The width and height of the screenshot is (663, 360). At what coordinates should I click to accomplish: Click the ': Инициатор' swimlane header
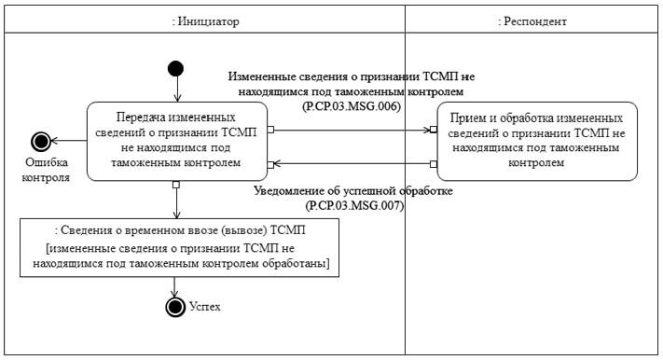(x=206, y=20)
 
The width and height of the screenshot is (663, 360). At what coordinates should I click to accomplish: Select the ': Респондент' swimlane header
(x=532, y=20)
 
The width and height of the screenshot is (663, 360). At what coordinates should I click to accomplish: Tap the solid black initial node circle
(x=175, y=68)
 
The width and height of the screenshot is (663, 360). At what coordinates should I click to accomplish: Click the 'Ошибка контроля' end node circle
(x=40, y=141)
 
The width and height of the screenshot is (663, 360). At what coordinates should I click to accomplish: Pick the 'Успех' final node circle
(x=173, y=306)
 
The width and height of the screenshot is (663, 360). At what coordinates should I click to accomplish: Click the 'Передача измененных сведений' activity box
(x=175, y=141)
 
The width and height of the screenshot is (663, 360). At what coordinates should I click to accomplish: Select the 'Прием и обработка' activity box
(x=536, y=141)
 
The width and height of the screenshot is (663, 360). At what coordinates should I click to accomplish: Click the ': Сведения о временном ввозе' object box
(x=180, y=247)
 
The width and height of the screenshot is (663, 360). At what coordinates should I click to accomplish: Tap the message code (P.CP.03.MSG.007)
(x=353, y=205)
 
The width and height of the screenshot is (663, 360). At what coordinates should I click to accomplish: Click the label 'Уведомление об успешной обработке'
(x=353, y=191)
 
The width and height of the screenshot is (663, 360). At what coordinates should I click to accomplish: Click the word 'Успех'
(x=205, y=306)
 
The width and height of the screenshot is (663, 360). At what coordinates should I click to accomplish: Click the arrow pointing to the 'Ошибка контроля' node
(x=69, y=141)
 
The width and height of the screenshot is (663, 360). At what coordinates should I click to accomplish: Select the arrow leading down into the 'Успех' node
(x=173, y=286)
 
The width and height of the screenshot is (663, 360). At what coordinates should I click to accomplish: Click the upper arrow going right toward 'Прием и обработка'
(x=352, y=130)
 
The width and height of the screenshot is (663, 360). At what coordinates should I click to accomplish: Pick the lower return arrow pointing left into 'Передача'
(x=352, y=164)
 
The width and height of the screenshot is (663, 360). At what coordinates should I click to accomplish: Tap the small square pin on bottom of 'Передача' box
(x=175, y=184)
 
